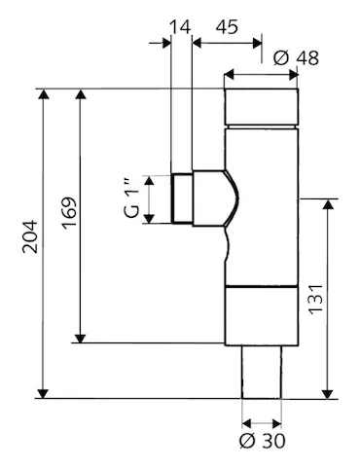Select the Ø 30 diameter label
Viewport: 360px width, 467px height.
point(262,440)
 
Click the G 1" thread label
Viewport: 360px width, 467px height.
point(134,199)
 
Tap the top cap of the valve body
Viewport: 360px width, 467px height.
point(261,108)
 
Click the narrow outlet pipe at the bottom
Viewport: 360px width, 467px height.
point(262,372)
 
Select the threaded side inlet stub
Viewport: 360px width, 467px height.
point(181,199)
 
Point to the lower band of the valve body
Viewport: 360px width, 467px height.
point(261,316)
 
